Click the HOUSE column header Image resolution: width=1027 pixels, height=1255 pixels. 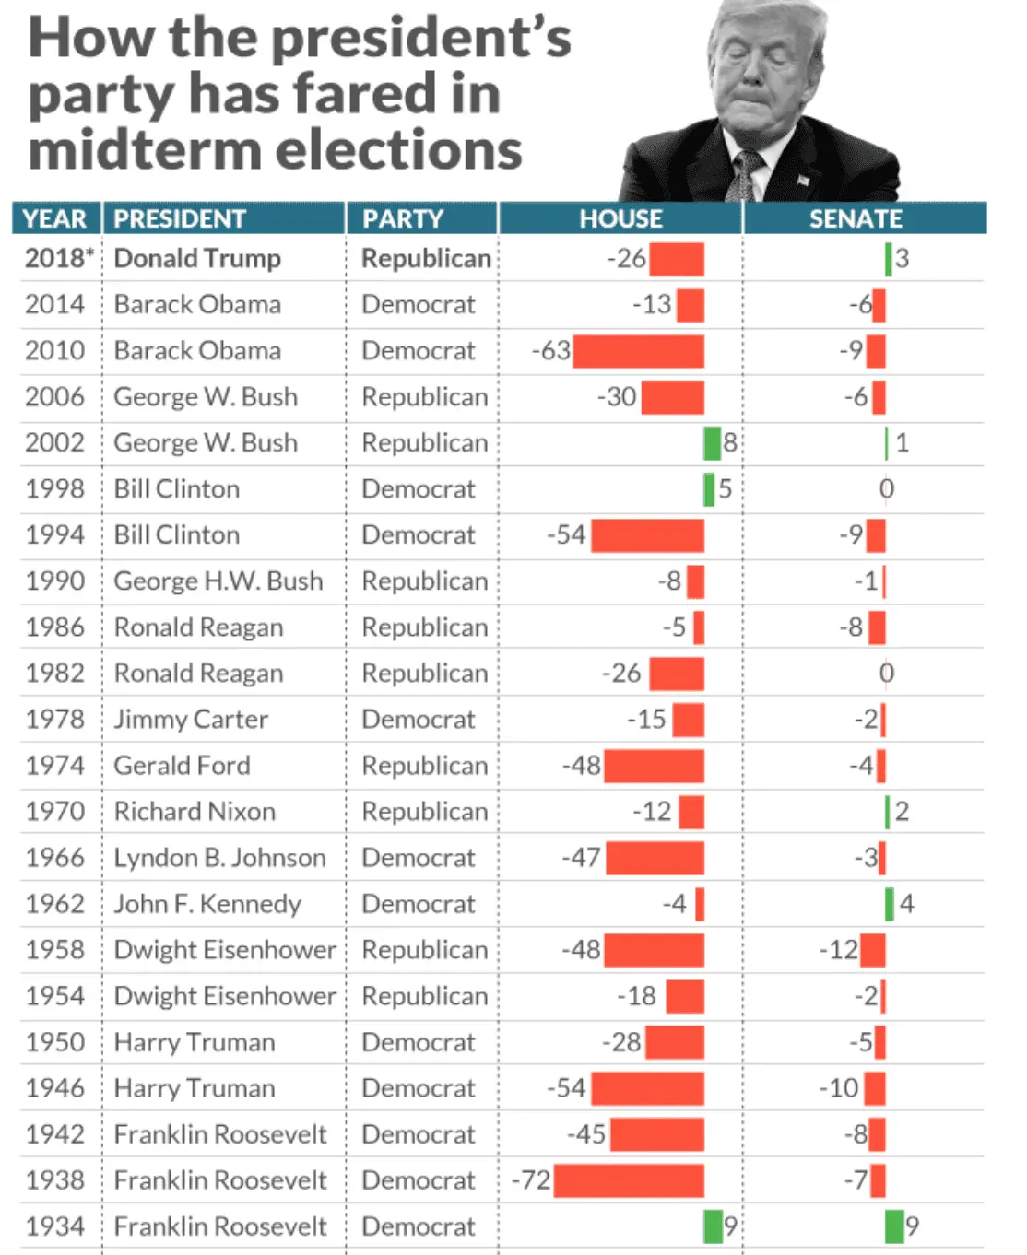pos(620,218)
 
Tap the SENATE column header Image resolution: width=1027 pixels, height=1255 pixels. pos(856,218)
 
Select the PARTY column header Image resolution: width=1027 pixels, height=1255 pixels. pos(403,218)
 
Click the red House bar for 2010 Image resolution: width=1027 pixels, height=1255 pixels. pos(638,351)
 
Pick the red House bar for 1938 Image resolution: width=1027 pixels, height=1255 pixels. pos(629,1180)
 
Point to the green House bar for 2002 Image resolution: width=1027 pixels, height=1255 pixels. pos(712,443)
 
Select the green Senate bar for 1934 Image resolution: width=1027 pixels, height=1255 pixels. pos(893,1226)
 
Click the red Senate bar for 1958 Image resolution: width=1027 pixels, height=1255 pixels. pos(872,950)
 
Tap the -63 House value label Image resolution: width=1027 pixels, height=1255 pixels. pos(550,351)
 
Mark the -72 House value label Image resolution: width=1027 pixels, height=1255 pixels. pos(531,1180)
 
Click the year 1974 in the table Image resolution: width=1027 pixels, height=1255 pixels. pos(55,766)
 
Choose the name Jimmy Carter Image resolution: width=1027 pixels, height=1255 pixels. pos(191,720)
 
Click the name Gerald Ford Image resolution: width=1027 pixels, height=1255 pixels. pos(182,766)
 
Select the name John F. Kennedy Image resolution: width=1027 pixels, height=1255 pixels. pos(207,904)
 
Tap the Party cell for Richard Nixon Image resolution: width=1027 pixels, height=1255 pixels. pos(424,812)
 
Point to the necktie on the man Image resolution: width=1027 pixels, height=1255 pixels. pos(744,175)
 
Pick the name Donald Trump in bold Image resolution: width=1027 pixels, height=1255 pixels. pos(197,258)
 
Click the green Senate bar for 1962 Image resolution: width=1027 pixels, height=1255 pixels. pos(890,904)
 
